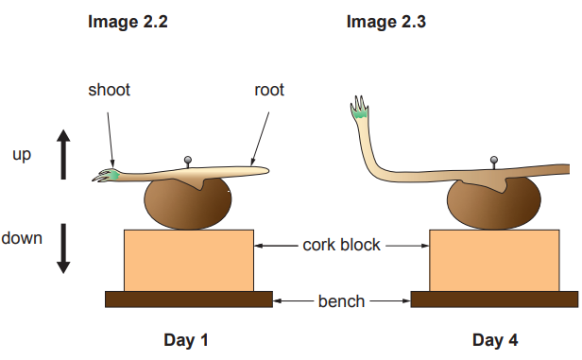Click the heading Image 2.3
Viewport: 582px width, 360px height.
pos(386,22)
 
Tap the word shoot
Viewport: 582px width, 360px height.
pos(109,91)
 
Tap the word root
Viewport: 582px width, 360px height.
pos(269,91)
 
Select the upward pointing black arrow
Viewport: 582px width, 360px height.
pos(64,154)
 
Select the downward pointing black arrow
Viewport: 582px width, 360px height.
pos(64,248)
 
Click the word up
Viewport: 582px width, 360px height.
pos(23,154)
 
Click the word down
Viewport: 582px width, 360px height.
pos(22,237)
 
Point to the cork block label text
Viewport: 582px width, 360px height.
pos(341,245)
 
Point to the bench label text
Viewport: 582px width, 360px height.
pos(341,301)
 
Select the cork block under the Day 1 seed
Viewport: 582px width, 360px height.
pos(188,260)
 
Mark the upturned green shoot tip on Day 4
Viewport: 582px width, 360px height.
pos(360,112)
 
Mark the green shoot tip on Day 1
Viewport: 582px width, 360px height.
pos(111,175)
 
